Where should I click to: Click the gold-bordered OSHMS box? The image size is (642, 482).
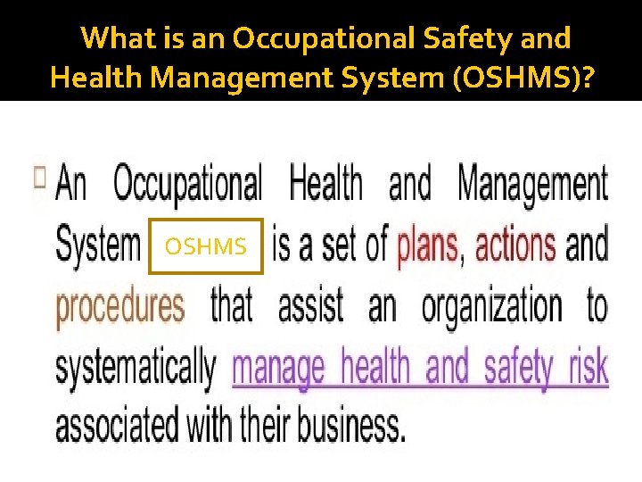206,245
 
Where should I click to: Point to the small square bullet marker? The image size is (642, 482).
39,176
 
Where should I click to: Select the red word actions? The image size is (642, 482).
515,245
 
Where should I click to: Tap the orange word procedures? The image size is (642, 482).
120,306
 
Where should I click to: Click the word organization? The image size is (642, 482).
492,306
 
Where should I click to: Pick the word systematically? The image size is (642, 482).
136,367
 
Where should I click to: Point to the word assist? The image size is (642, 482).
311,306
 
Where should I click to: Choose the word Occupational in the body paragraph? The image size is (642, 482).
188,185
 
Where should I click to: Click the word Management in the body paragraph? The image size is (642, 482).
533,185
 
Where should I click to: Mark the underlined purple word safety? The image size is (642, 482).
519,367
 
